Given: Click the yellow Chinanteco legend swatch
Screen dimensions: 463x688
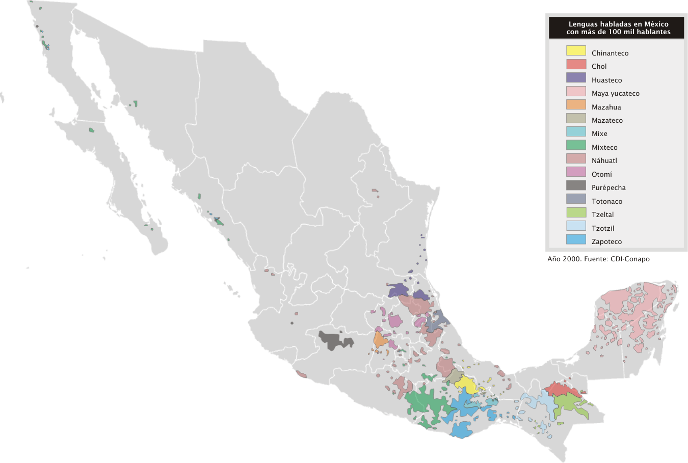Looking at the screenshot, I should [576, 51].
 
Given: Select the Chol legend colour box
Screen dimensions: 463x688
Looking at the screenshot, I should [576, 65].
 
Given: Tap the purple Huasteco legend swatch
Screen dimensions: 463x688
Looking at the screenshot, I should [576, 78].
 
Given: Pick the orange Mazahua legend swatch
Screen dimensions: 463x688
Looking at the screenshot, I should [576, 105].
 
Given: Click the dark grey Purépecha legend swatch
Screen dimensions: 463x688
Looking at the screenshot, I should [576, 185].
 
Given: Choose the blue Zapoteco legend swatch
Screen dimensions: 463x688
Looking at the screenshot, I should [576, 239].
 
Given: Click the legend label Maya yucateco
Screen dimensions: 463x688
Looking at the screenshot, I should [615, 94].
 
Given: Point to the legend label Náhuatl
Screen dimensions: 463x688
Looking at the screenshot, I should [604, 161].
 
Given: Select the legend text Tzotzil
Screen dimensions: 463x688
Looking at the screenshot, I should [603, 228].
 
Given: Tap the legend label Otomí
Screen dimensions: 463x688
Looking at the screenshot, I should [601, 174].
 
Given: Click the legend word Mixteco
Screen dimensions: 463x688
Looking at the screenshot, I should [604, 148].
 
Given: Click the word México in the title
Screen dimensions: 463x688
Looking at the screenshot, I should [656, 24].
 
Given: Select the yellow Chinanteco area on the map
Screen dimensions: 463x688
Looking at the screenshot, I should [466, 384].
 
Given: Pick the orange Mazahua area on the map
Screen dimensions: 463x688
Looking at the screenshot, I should [380, 339].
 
